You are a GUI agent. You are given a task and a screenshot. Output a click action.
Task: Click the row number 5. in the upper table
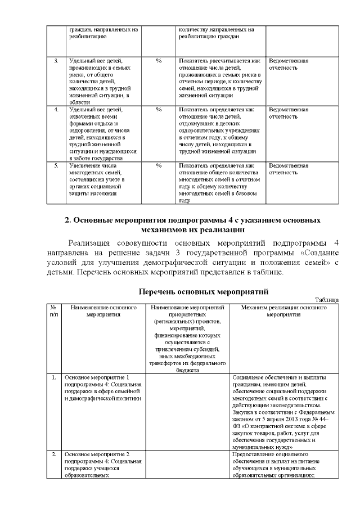point(56,165)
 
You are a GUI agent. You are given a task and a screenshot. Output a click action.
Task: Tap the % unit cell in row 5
point(159,165)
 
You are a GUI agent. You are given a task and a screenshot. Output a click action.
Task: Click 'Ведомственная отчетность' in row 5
point(289,169)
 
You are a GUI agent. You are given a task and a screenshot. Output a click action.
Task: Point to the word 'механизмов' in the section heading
point(166,229)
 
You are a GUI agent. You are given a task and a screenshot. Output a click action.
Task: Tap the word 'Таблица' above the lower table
point(326,300)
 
